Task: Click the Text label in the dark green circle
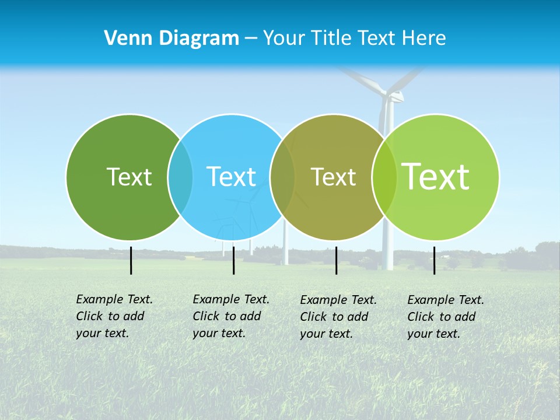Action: pyautogui.click(x=129, y=177)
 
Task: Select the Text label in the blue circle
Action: pyautogui.click(x=231, y=177)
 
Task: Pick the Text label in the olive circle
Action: pyautogui.click(x=333, y=177)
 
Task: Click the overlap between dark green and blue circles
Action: pyautogui.click(x=180, y=177)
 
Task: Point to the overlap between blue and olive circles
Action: pyautogui.click(x=282, y=177)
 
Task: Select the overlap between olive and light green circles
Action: pyautogui.click(x=384, y=177)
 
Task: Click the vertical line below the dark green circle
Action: pyautogui.click(x=131, y=260)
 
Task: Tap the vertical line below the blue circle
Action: pyautogui.click(x=233, y=260)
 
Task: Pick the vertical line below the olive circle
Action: pyautogui.click(x=336, y=260)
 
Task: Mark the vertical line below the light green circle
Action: pyautogui.click(x=434, y=260)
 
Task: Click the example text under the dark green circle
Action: pyautogui.click(x=114, y=316)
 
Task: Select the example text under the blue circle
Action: pyautogui.click(x=231, y=316)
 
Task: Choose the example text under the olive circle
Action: pyautogui.click(x=338, y=317)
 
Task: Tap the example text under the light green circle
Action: pyautogui.click(x=446, y=317)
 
